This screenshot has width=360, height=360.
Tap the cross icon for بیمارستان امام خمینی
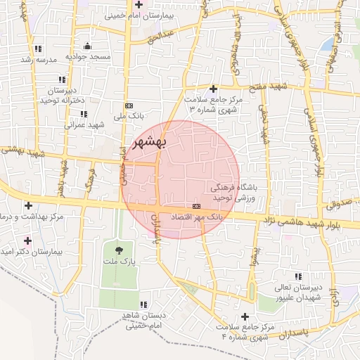point(139,5)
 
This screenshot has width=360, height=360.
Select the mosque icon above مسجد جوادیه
point(87,46)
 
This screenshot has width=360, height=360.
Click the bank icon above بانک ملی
point(128,103)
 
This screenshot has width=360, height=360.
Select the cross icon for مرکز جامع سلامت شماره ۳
point(213,89)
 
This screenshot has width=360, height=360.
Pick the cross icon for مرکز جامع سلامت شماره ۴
point(245,316)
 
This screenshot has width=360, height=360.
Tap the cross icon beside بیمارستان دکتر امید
point(27,240)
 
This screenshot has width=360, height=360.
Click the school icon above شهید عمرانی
point(84,114)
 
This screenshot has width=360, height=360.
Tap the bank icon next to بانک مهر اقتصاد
point(195,205)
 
